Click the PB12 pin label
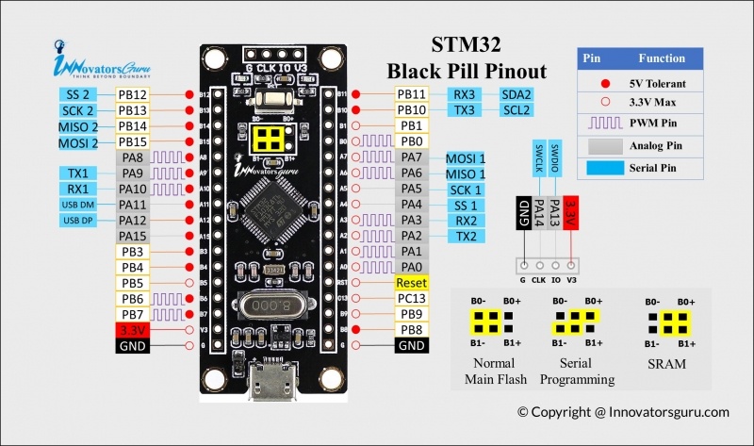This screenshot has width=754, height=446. click(x=132, y=95)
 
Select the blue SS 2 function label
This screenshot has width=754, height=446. click(x=78, y=95)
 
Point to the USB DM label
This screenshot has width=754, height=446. click(x=78, y=205)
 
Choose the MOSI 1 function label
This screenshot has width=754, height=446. click(x=465, y=158)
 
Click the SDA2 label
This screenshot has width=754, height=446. click(x=516, y=94)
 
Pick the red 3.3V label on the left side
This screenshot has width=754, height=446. click(x=132, y=330)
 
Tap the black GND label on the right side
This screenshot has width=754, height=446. click(x=412, y=345)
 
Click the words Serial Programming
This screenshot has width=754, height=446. click(x=577, y=372)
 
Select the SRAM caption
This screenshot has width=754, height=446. click(x=666, y=364)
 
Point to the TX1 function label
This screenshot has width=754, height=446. click(x=78, y=173)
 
